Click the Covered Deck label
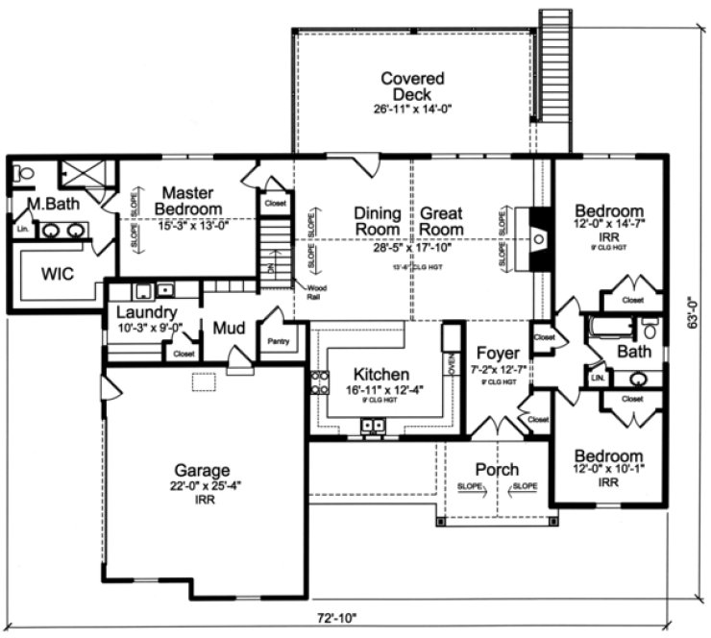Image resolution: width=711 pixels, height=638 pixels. (x=412, y=86)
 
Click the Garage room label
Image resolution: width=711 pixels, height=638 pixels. (x=202, y=471)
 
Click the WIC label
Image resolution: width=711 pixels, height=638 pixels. (x=59, y=273)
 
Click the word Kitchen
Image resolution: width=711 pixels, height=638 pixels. (x=382, y=373)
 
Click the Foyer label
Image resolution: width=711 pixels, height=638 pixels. (x=497, y=353)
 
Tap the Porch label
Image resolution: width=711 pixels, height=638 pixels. (x=497, y=470)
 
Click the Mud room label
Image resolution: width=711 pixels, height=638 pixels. (x=229, y=329)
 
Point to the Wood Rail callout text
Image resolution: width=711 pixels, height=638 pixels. (x=316, y=292)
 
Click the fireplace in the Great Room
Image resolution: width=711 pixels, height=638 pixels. (x=540, y=238)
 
